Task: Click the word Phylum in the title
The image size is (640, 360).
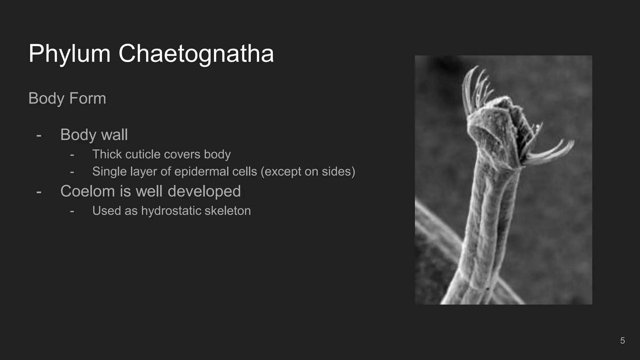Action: (x=69, y=54)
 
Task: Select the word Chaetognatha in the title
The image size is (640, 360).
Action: (x=196, y=54)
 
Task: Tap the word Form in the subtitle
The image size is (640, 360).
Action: (x=87, y=98)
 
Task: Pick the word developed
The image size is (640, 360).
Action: (x=204, y=191)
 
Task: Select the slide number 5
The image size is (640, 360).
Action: (x=622, y=341)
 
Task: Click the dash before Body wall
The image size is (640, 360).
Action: (x=39, y=135)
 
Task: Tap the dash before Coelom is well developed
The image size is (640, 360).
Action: (x=39, y=192)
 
